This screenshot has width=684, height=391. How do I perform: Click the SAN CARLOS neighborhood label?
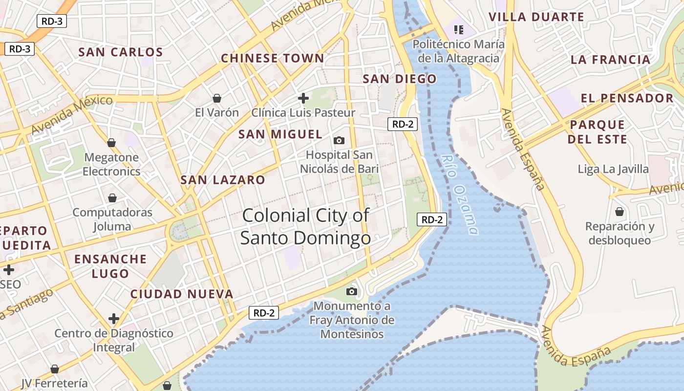pos(121,52)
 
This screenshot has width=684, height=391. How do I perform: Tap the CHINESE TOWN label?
pos(272,59)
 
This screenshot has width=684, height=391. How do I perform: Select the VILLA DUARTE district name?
pos(536,17)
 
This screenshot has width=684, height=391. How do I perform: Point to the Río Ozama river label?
pos(459,194)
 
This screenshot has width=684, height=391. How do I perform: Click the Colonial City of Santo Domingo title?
pos(305,226)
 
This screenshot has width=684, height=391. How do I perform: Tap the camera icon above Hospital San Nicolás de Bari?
pos(339,141)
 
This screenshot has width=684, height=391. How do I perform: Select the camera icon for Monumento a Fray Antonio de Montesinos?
pos(351,292)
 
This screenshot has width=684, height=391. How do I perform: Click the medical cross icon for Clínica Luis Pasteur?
pos(303,98)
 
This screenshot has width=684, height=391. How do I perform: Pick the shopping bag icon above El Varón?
pos(217,98)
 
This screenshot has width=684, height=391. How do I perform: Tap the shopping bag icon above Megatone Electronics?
pos(111,143)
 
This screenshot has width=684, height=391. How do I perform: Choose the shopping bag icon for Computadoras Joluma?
pos(112,198)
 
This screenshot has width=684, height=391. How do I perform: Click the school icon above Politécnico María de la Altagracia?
pos(458,30)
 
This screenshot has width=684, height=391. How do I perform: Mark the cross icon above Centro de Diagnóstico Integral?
pos(114,319)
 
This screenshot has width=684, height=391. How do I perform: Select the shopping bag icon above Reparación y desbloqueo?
pos(620,212)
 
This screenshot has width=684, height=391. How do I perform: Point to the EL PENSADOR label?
pos(627,98)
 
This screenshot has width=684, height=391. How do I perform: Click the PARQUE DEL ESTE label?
pos(598,132)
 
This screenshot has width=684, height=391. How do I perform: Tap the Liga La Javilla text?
pos(613,170)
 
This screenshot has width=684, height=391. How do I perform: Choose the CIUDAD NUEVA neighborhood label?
pos(182,294)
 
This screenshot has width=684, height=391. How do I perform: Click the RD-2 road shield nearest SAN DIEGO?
pos(403,124)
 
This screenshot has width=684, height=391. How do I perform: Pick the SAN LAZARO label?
pos(223,180)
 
